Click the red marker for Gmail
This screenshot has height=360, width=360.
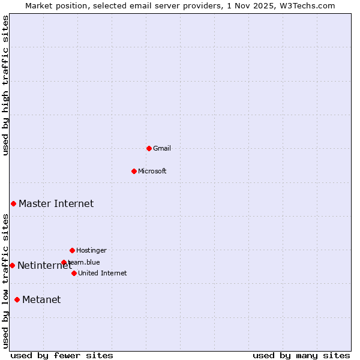pos(149,148)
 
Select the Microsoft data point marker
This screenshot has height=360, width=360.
pos(134,171)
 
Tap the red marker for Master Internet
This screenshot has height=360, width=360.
pos(13,204)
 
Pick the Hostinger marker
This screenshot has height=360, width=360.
pos(72,250)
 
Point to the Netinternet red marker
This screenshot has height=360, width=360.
pos(12,265)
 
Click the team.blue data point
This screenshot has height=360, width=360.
pos(64,262)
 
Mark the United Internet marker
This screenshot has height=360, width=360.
pos(74,273)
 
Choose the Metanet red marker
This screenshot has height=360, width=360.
pos(17,299)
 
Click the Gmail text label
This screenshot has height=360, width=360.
pos(162,148)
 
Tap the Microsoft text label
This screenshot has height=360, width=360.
pos(152,171)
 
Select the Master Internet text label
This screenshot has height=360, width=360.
pos(56,204)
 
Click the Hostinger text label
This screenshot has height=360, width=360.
pos(91,250)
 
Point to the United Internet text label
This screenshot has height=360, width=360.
pos(103,273)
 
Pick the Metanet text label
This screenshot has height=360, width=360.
pos(41,300)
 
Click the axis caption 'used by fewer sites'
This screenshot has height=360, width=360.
pos(62,355)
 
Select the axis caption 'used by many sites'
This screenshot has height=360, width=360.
pos(301,355)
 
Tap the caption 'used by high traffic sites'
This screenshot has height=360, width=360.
pos(5,85)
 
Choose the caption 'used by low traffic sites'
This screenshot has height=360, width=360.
pos(5,280)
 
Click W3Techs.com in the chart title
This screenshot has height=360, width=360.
pos(306,5)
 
